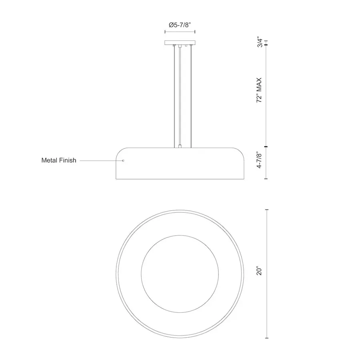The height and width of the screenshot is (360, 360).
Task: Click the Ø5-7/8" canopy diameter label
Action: [x=180, y=25]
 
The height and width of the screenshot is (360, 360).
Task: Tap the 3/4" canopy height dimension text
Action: [x=260, y=42]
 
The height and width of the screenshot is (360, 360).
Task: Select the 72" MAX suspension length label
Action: [x=259, y=90]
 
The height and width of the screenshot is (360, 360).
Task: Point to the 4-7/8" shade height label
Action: [x=259, y=160]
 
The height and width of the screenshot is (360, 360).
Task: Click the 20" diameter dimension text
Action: [x=259, y=271]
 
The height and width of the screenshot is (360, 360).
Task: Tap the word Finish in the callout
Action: [x=68, y=160]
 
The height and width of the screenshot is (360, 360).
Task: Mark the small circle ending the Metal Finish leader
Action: [x=123, y=160]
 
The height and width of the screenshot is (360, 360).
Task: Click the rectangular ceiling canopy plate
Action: [x=180, y=43]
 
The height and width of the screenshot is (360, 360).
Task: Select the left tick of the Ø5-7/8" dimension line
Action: [x=165, y=32]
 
